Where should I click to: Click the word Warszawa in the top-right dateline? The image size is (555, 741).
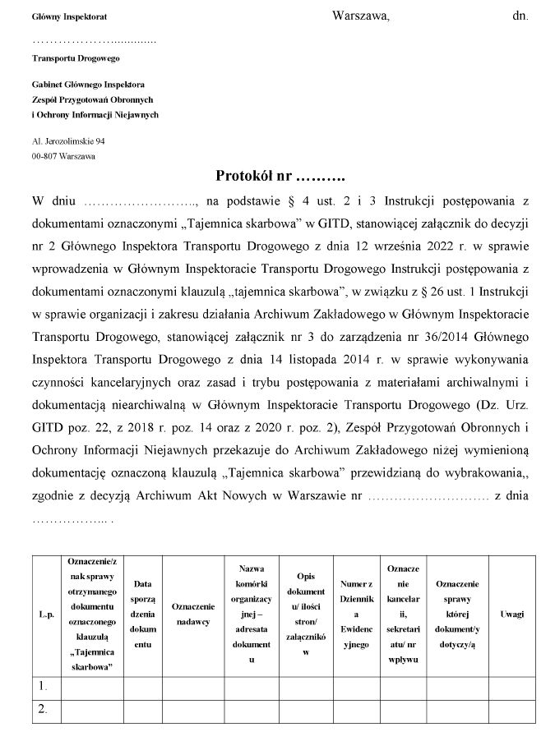(360, 16)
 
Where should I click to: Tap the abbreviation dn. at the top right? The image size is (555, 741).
(520, 16)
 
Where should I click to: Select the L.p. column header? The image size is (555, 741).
(46, 614)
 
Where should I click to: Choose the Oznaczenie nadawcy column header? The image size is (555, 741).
(193, 614)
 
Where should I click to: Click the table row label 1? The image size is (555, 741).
(42, 684)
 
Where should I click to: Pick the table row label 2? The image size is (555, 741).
(42, 707)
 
